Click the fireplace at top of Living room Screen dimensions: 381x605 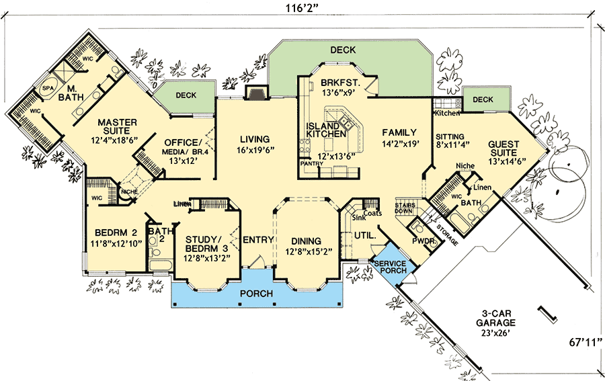point(256,93)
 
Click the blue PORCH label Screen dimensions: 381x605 point(255,294)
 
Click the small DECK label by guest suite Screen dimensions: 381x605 point(482,100)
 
